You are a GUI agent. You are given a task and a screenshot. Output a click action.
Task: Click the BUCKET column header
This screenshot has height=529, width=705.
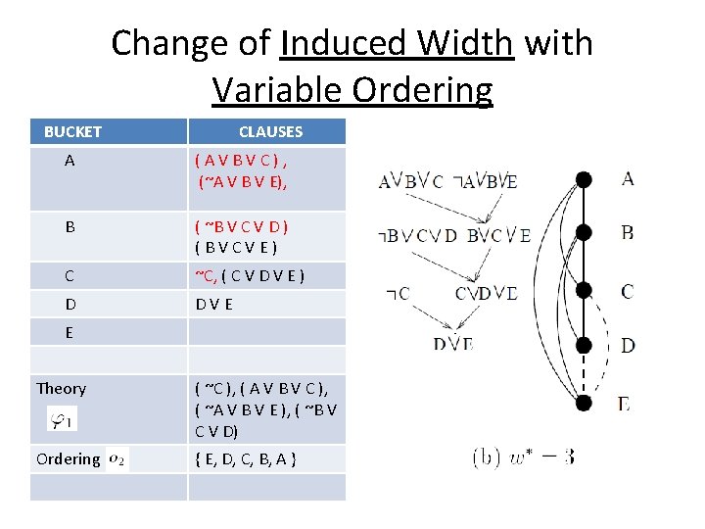pos(72,131)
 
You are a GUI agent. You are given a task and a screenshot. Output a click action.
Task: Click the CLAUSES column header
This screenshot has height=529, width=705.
pos(270,131)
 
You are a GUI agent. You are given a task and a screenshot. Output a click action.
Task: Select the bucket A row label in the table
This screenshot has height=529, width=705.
pos(70,162)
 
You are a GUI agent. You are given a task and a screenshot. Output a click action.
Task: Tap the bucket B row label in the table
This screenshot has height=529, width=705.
pos(70,226)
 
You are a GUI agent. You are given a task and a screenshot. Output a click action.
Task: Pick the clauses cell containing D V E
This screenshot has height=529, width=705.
pos(214,305)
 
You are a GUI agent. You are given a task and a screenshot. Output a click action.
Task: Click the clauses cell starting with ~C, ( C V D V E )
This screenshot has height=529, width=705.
pos(250,276)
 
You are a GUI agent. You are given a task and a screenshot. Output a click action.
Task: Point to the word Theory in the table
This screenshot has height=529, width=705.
pos(61,389)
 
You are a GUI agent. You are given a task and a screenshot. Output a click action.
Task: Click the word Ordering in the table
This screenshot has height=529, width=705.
pos(68,458)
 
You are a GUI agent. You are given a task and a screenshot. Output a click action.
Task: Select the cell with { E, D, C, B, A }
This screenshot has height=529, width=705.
pos(246,458)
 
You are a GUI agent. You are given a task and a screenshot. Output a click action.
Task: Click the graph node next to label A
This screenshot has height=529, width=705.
pos(584,179)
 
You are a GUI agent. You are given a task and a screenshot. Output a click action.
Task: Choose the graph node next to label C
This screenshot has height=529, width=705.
pos(584,291)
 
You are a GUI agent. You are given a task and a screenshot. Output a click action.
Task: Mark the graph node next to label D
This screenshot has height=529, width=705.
pos(584,345)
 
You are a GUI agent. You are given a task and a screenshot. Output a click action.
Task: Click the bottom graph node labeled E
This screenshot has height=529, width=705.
pos(584,402)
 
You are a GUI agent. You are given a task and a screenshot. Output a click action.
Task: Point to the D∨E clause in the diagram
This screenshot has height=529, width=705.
pos(453,344)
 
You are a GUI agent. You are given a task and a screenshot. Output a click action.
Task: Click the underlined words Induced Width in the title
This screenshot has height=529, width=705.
pos(397,44)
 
